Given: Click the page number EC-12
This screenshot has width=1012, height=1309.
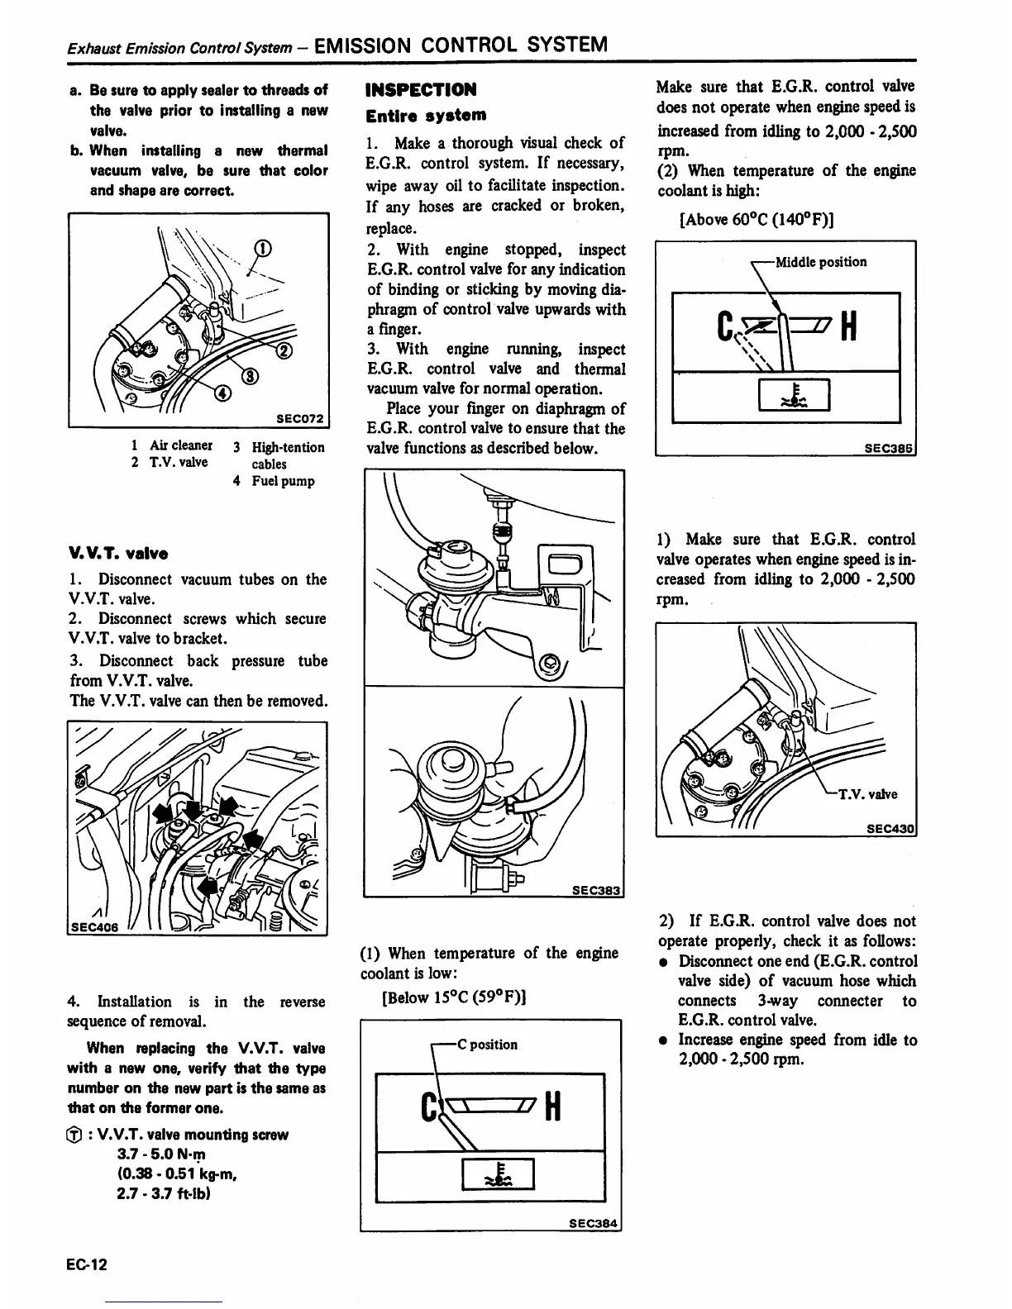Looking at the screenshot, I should [88, 1265].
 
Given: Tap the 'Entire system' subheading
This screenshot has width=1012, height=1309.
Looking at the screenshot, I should [426, 115].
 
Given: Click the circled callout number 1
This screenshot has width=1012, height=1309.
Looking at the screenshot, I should [262, 247].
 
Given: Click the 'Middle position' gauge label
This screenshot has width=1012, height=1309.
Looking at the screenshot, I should [820, 262].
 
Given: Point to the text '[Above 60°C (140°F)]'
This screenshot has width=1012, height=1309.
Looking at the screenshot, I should [756, 219].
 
